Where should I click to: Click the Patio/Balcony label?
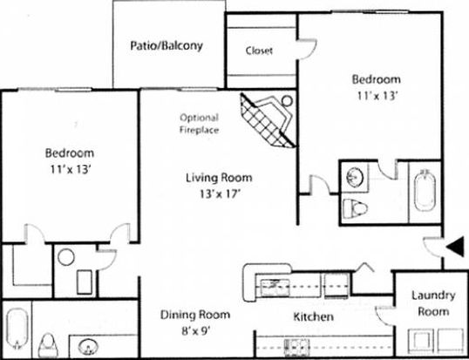tap(167, 46)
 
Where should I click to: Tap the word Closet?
tap(259, 51)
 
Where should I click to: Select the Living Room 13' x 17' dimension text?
tap(221, 194)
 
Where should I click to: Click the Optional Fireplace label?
tap(199, 124)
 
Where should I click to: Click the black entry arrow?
tap(455, 248)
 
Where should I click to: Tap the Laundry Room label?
tap(433, 303)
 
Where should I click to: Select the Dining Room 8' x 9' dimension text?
tap(194, 331)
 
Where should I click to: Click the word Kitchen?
tap(313, 316)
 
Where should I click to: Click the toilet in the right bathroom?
tap(355, 208)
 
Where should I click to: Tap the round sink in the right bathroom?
tap(355, 177)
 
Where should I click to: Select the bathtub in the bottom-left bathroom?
tap(17, 329)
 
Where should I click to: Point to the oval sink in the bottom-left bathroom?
tap(88, 347)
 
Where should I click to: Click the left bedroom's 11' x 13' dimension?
tap(71, 170)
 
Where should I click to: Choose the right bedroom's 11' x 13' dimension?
tap(377, 96)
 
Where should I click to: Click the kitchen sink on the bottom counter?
tap(296, 348)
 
